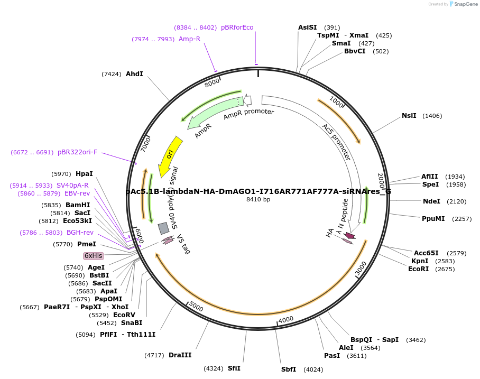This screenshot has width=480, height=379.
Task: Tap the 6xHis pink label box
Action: point(94,256)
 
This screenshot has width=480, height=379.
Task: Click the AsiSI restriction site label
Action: point(308,27)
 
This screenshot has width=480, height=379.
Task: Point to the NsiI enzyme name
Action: point(409,116)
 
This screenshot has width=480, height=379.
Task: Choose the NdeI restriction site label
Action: point(431,201)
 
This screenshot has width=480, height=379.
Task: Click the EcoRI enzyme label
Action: point(419,269)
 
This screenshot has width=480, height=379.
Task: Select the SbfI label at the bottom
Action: point(289,369)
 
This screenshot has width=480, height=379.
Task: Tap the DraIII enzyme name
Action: point(180,355)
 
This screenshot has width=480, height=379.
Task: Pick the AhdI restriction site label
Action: point(134,74)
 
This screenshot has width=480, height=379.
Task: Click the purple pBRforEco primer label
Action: point(237,27)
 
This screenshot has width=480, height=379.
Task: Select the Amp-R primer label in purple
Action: point(189,39)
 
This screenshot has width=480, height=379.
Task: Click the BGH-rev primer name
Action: point(80,233)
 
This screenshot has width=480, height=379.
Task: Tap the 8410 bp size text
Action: point(258,199)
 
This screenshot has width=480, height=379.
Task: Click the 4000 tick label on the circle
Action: point(286,319)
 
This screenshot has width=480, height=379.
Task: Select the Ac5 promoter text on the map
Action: point(337,142)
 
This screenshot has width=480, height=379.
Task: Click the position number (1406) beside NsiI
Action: point(432,116)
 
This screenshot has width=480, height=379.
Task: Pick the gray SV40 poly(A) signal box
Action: point(164,228)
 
